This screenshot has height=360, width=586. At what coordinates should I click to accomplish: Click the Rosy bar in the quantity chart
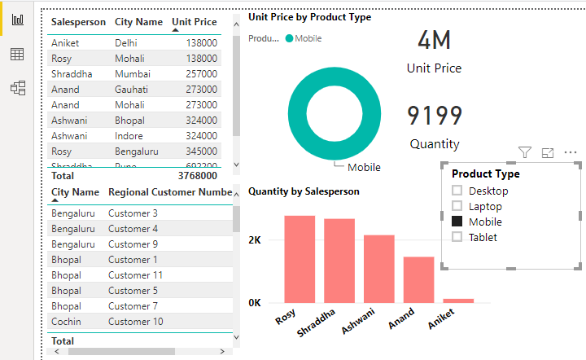(x=300, y=259)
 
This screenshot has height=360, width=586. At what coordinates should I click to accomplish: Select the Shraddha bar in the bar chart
(x=339, y=261)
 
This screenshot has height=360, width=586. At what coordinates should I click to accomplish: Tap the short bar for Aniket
(x=458, y=301)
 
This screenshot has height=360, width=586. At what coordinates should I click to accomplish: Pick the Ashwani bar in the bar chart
(x=379, y=269)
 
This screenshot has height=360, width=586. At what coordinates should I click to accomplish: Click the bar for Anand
(x=419, y=279)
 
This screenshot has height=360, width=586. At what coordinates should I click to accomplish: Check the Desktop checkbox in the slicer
(x=457, y=191)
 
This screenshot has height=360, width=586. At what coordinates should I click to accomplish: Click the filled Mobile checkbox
(x=457, y=222)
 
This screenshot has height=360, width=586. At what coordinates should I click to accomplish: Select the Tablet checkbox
(x=457, y=237)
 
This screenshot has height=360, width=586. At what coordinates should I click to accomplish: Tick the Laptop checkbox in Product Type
(x=457, y=206)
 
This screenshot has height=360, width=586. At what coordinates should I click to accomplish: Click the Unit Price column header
(x=195, y=22)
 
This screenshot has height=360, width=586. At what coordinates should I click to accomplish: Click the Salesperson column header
(x=78, y=22)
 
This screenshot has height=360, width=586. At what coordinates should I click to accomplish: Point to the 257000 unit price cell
(x=200, y=73)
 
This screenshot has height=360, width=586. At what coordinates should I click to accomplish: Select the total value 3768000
(x=197, y=175)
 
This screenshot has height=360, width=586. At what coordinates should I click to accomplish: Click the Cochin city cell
(x=68, y=322)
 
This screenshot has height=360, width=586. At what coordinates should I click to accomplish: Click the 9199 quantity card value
(x=435, y=116)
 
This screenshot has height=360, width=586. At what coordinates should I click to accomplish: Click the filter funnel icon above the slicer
(x=525, y=152)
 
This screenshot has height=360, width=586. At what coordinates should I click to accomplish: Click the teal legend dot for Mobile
(x=289, y=38)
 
